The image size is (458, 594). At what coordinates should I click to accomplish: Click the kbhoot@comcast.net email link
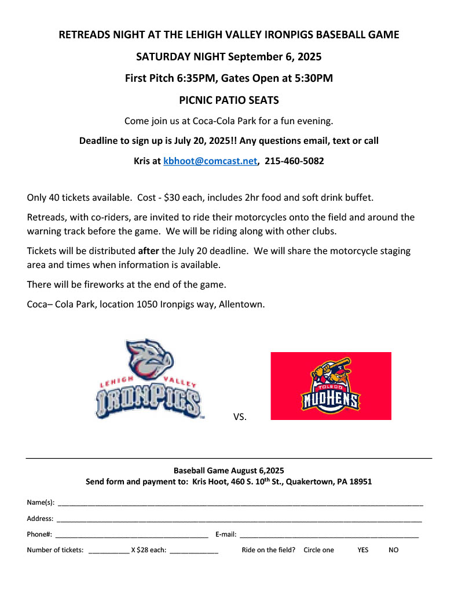pyautogui.click(x=210, y=161)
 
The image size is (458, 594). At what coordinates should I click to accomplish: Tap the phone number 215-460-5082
pyautogui.click(x=294, y=161)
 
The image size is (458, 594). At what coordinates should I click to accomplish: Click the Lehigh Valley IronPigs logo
pyautogui.click(x=149, y=380)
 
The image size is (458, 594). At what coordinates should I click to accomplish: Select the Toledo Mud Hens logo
pyautogui.click(x=331, y=386)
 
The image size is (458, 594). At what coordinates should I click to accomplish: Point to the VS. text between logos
pyautogui.click(x=240, y=416)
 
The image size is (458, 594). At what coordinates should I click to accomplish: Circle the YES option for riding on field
pyautogui.click(x=362, y=550)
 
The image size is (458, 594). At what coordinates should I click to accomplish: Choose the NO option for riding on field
pyautogui.click(x=393, y=550)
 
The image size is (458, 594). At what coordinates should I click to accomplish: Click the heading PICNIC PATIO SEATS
pyautogui.click(x=229, y=100)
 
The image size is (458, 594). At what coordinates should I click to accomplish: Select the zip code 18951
pyautogui.click(x=359, y=481)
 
